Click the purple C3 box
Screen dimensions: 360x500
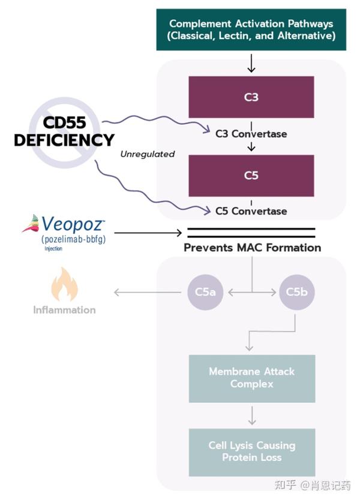[x=251, y=97]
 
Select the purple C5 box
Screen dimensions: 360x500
[x=251, y=176]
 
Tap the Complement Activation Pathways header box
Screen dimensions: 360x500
[x=251, y=29]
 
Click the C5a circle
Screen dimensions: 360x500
[x=205, y=292]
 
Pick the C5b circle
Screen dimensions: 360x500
[x=297, y=292]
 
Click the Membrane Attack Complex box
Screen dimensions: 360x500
[x=252, y=378]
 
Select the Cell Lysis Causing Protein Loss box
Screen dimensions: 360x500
[x=252, y=452]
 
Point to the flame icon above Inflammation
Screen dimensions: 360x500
[x=64, y=284]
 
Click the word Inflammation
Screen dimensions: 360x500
[x=64, y=310]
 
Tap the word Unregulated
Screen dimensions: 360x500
[x=148, y=154]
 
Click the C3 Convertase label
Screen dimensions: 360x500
[x=251, y=134]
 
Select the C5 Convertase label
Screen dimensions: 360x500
[x=251, y=211]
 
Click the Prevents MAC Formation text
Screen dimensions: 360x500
[x=252, y=248]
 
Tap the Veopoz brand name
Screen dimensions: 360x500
[x=73, y=224]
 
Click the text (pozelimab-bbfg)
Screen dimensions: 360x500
[x=73, y=239]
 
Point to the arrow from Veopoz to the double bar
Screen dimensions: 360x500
[x=148, y=233]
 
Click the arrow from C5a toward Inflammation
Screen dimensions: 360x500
[x=148, y=292]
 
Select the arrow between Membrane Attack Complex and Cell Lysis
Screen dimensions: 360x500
[x=252, y=415]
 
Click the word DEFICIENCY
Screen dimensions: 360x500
[x=64, y=140]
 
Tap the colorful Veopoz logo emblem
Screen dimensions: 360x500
[x=31, y=224]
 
